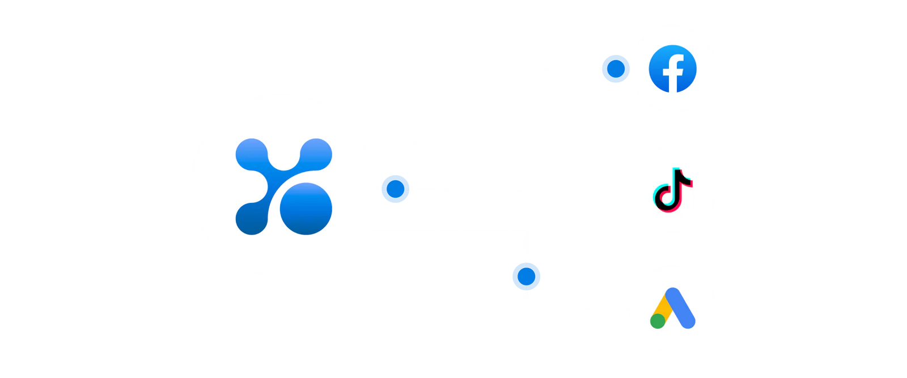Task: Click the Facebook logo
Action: point(673,68)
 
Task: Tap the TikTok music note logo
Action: point(673,189)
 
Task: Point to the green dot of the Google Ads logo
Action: point(658,321)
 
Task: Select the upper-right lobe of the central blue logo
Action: point(316,154)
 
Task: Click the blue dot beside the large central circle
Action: point(395,189)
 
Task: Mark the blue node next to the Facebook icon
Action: point(616,69)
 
